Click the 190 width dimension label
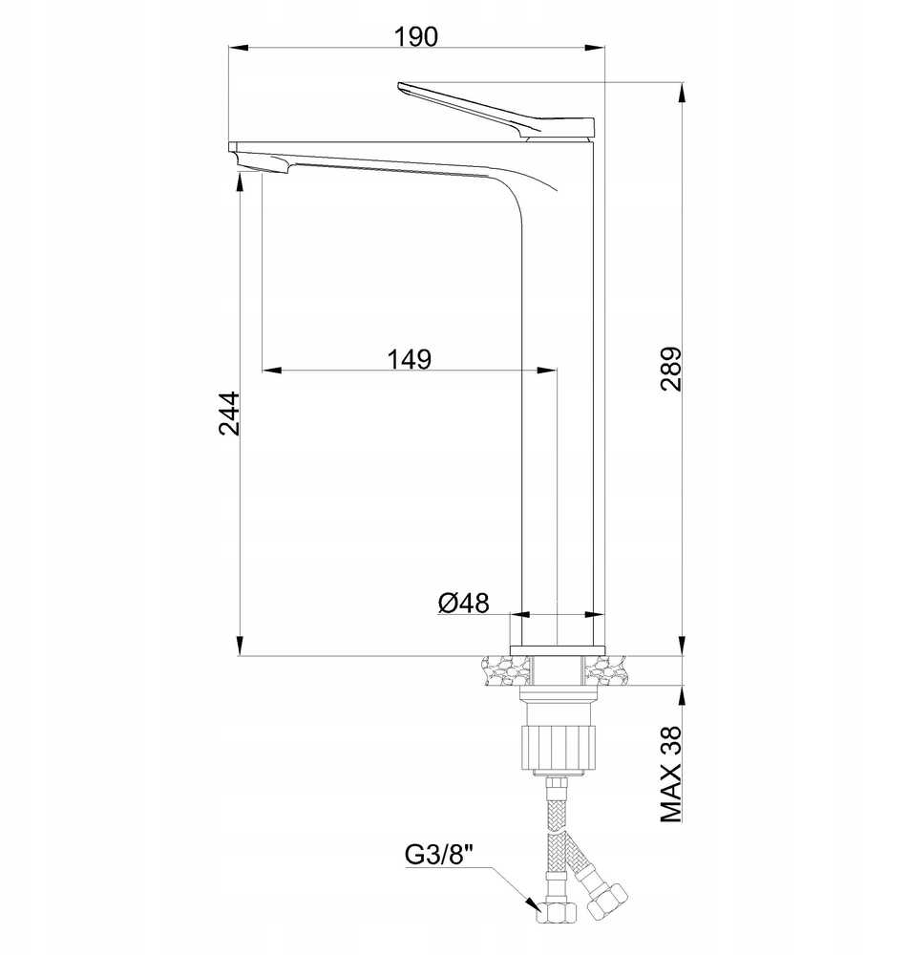click(415, 36)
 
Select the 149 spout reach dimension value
click(409, 359)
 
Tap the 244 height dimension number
click(229, 414)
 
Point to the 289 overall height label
click(670, 369)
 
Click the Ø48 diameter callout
click(463, 603)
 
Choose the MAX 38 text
click(670, 775)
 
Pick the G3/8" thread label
click(439, 855)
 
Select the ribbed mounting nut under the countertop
click(558, 747)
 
